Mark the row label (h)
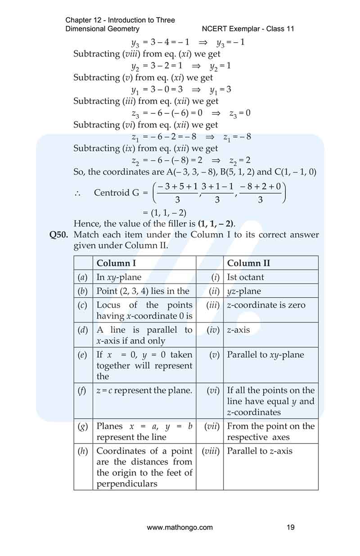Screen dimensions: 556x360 pos(83,451)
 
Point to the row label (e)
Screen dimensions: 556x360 pos(83,354)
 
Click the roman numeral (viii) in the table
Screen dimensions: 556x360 pos(210,451)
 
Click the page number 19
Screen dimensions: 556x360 pos(291,527)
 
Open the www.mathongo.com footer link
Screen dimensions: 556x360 pos(180,527)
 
